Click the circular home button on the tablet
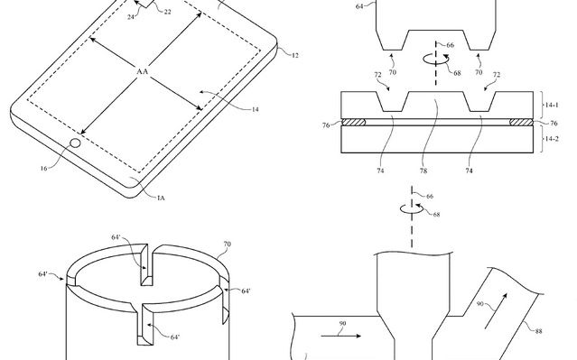pos(76,142)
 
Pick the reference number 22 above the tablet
pos(168,11)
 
